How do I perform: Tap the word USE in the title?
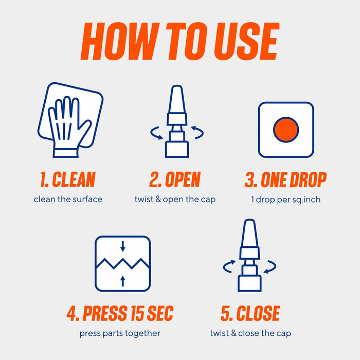247,41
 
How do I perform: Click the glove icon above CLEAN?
69,127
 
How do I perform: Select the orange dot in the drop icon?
286,130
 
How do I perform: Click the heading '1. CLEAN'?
68,179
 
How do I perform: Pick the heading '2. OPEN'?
175,179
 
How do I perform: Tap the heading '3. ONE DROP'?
285,179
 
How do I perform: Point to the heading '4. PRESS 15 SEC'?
120,313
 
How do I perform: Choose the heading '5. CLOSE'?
250,313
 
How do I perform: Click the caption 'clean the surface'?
68,200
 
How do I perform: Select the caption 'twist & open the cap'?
175,200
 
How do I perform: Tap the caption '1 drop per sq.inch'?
285,200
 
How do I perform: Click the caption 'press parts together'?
120,333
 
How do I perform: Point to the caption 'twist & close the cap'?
250,333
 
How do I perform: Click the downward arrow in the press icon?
123,246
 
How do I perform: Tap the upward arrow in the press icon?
123,281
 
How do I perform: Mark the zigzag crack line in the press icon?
123,263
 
